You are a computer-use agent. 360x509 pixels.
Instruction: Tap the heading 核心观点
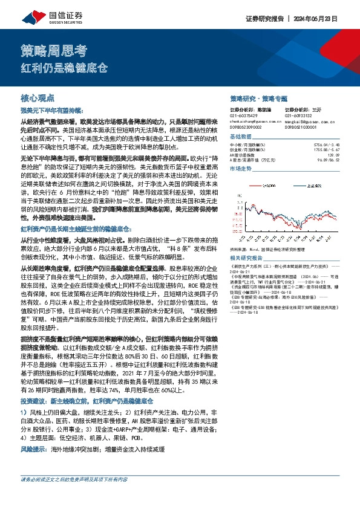(x=38, y=97)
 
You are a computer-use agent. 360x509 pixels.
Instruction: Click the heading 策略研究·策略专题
(x=259, y=97)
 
